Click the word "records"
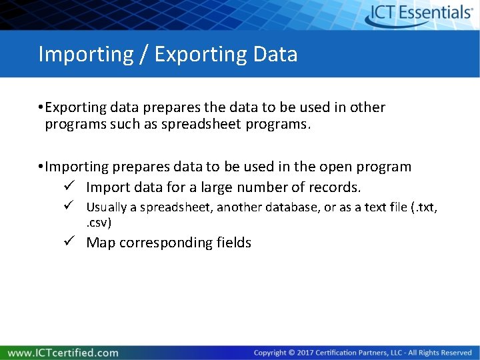[x=334, y=187]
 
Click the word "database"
[x=291, y=207]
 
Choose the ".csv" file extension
[x=99, y=222]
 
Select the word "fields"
[x=234, y=243]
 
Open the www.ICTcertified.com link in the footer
[x=63, y=353]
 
